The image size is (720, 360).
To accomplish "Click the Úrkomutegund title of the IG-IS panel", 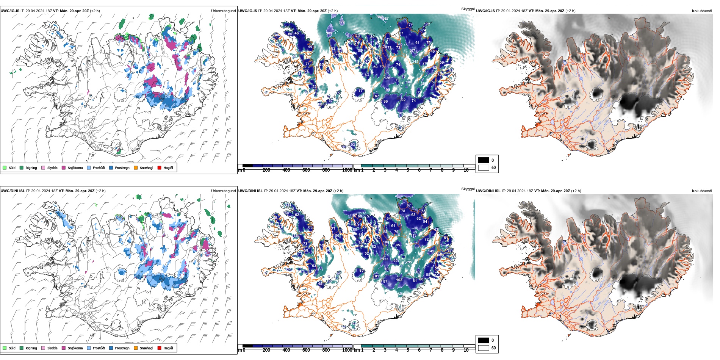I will point(223,11).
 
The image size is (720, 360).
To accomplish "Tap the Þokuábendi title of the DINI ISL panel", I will point(702,191).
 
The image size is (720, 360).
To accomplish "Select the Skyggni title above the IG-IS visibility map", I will point(468,9).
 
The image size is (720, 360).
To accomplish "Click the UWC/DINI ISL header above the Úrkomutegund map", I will point(13,191).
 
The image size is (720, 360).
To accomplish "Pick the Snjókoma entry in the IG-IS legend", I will point(75,168).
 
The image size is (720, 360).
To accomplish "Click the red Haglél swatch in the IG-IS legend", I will point(160,168).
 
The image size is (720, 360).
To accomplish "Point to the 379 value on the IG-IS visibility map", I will point(341,22).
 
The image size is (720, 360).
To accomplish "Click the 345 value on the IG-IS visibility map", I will point(415,62).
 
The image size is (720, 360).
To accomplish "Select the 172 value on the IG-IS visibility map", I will point(427,24).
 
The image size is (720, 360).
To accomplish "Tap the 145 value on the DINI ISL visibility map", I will point(431,251).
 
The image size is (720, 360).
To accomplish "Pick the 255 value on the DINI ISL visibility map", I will point(409,262).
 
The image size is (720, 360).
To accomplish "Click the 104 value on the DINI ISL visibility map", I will point(385,242).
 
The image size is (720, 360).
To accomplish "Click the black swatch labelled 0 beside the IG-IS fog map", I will point(484,160).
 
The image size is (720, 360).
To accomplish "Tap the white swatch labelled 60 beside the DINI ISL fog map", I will point(484,348).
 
